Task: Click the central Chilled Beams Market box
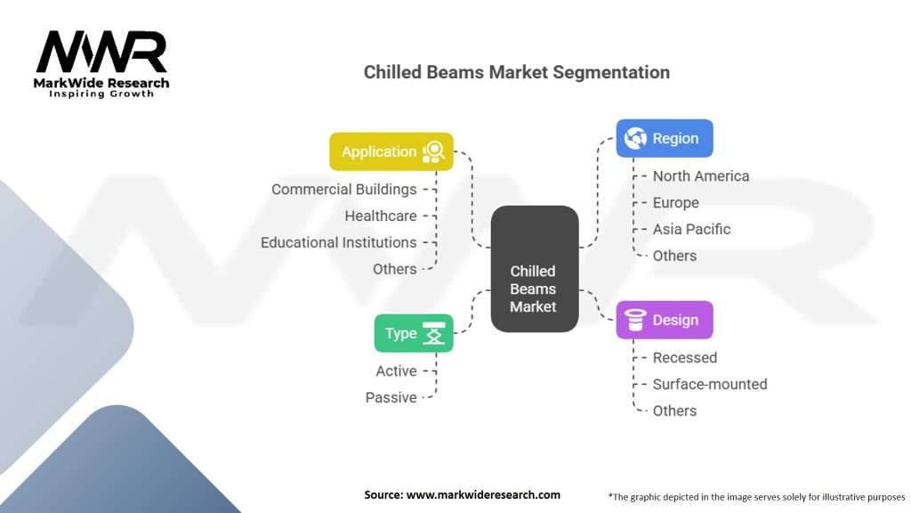click(534, 269)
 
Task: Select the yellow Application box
click(391, 151)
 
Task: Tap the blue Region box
click(664, 138)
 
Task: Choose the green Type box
click(414, 333)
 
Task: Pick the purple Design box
click(664, 320)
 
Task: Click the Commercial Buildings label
click(344, 189)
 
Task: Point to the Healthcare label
click(381, 216)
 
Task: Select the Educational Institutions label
click(339, 242)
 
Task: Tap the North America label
click(701, 175)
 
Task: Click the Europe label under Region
click(676, 202)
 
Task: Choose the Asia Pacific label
click(691, 229)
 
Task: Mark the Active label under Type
click(396, 370)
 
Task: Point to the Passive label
click(391, 397)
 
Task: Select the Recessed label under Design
click(684, 357)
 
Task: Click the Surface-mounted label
click(710, 384)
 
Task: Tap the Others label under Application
click(395, 269)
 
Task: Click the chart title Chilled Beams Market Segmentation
click(517, 72)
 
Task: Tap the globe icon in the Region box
click(635, 138)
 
